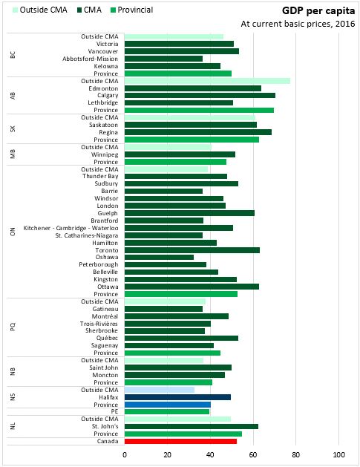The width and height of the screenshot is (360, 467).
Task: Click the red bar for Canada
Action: [x=180, y=441]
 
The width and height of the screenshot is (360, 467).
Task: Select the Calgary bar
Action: [x=200, y=95]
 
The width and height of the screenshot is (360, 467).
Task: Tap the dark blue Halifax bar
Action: [x=177, y=397]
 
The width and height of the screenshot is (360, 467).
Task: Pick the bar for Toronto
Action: [x=192, y=250]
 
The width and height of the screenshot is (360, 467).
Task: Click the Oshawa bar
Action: [x=159, y=257]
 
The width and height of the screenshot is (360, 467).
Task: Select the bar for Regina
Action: [x=198, y=132]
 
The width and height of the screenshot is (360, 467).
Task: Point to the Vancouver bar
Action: [x=182, y=51]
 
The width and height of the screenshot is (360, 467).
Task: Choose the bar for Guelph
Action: [x=189, y=213]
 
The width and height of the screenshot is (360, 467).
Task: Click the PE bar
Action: [x=167, y=411]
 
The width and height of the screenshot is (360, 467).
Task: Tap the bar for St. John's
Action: [x=192, y=426]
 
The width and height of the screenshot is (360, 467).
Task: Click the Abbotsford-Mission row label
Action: [x=91, y=59]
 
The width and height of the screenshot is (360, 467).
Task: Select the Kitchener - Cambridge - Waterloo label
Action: [x=71, y=228]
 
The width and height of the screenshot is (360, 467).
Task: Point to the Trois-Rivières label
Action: [x=99, y=324]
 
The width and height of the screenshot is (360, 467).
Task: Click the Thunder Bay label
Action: [x=100, y=176]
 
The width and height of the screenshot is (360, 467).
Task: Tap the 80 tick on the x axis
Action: [x=296, y=455]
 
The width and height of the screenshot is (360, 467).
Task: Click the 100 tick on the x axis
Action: [x=339, y=455]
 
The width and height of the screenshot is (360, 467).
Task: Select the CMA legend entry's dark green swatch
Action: [x=79, y=10]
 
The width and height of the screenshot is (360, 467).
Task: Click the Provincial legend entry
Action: [x=131, y=10]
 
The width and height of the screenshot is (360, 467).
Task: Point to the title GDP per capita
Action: [x=318, y=11]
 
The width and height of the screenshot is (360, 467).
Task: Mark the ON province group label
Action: [x=13, y=232]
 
